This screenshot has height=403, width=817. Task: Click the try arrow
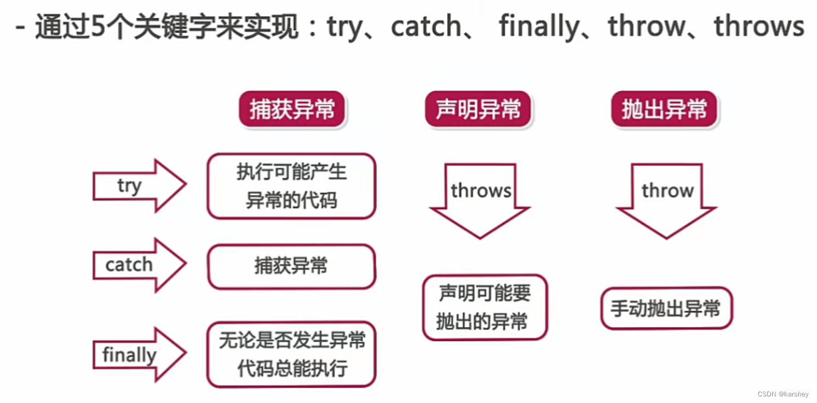(140, 186)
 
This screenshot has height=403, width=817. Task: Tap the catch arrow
(140, 265)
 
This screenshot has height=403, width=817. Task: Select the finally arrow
(140, 355)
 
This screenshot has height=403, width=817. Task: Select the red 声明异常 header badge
(478, 110)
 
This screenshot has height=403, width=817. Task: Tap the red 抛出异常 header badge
(664, 110)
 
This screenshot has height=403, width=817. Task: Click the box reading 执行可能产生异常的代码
(291, 186)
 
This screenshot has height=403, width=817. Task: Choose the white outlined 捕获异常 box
(291, 266)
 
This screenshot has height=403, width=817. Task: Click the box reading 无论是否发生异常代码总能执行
(291, 355)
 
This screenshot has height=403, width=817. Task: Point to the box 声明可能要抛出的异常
(484, 307)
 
